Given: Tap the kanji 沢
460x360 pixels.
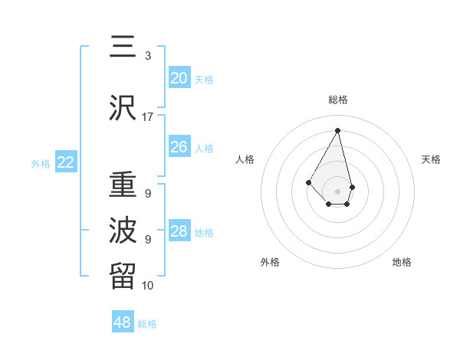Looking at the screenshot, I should (x=123, y=108).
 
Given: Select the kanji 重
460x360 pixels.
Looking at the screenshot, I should (x=123, y=186).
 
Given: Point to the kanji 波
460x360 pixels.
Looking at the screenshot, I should (x=123, y=229).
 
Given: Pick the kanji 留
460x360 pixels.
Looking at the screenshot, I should (x=123, y=274).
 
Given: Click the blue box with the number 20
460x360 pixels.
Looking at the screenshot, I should (x=179, y=78).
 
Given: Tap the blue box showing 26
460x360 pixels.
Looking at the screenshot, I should (x=179, y=147).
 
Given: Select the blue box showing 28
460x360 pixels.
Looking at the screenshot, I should (x=179, y=231).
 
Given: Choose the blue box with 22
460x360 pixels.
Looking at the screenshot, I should (x=66, y=162).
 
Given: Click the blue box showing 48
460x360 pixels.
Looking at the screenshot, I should (x=123, y=322).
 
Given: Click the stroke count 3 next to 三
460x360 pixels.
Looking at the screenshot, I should (x=148, y=56).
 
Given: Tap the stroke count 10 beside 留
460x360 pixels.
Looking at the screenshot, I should (x=147, y=286).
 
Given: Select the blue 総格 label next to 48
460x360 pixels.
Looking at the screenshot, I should (x=147, y=324).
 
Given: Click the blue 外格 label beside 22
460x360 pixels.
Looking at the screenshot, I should (x=41, y=164).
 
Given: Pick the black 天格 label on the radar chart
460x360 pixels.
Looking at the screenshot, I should (x=431, y=159).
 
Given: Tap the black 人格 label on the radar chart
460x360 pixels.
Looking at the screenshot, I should (x=245, y=159).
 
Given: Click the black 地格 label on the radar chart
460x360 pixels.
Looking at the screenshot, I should (x=402, y=262).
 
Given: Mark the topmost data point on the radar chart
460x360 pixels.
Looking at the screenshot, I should (x=337, y=130).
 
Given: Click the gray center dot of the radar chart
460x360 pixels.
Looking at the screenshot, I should (x=337, y=191).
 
